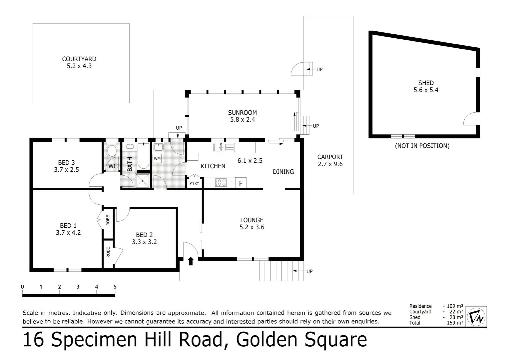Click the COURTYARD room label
coord(79,59)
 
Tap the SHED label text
coord(426,83)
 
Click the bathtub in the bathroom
coord(144,156)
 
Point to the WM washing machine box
coord(157,159)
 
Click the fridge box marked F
coord(241,183)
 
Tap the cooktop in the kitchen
coord(221,183)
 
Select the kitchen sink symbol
coord(224,147)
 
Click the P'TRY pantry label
coord(194,183)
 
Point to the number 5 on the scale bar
coord(115,287)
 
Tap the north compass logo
coord(476,316)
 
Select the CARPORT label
coord(330,157)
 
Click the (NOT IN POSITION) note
coord(422,146)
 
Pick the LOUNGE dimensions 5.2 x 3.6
coord(252,227)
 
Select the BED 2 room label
coord(144,235)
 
